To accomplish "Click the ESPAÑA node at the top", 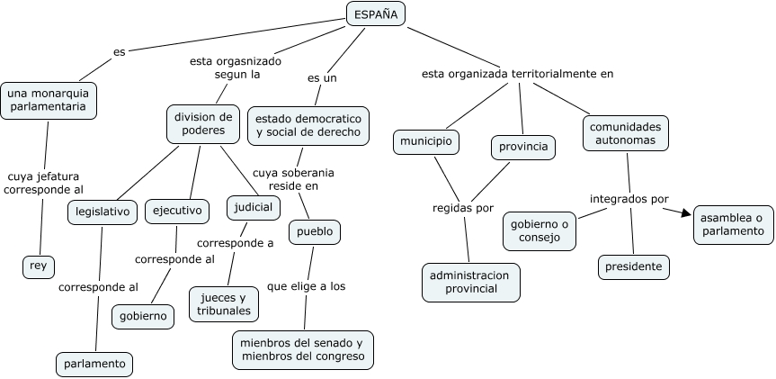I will tap(376, 14).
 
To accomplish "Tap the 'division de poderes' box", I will tap(202, 123).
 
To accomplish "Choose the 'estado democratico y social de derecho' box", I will tap(308, 125).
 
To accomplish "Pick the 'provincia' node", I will tap(523, 147).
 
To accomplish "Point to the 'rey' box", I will tap(39, 266).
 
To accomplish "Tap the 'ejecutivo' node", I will tap(176, 211).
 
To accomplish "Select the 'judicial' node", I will tap(254, 207).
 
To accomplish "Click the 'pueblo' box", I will tap(315, 232).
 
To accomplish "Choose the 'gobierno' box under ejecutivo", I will tap(144, 316).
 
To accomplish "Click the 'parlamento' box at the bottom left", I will tap(94, 365).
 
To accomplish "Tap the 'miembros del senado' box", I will tap(302, 350).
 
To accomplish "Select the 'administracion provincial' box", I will tap(470, 282).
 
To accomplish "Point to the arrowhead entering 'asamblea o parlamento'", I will tap(687, 213).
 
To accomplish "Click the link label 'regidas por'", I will tap(463, 208).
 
